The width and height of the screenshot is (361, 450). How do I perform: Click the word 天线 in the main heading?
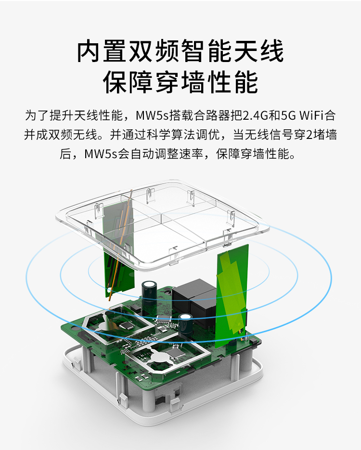258,51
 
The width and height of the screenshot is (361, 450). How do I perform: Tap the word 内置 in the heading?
102,51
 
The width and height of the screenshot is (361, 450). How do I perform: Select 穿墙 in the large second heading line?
180,82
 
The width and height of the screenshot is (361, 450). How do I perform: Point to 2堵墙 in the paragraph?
322,135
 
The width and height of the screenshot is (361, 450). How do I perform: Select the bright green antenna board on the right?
232,296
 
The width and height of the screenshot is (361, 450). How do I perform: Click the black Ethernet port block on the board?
194,301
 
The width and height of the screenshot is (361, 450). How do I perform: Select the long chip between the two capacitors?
164,318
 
